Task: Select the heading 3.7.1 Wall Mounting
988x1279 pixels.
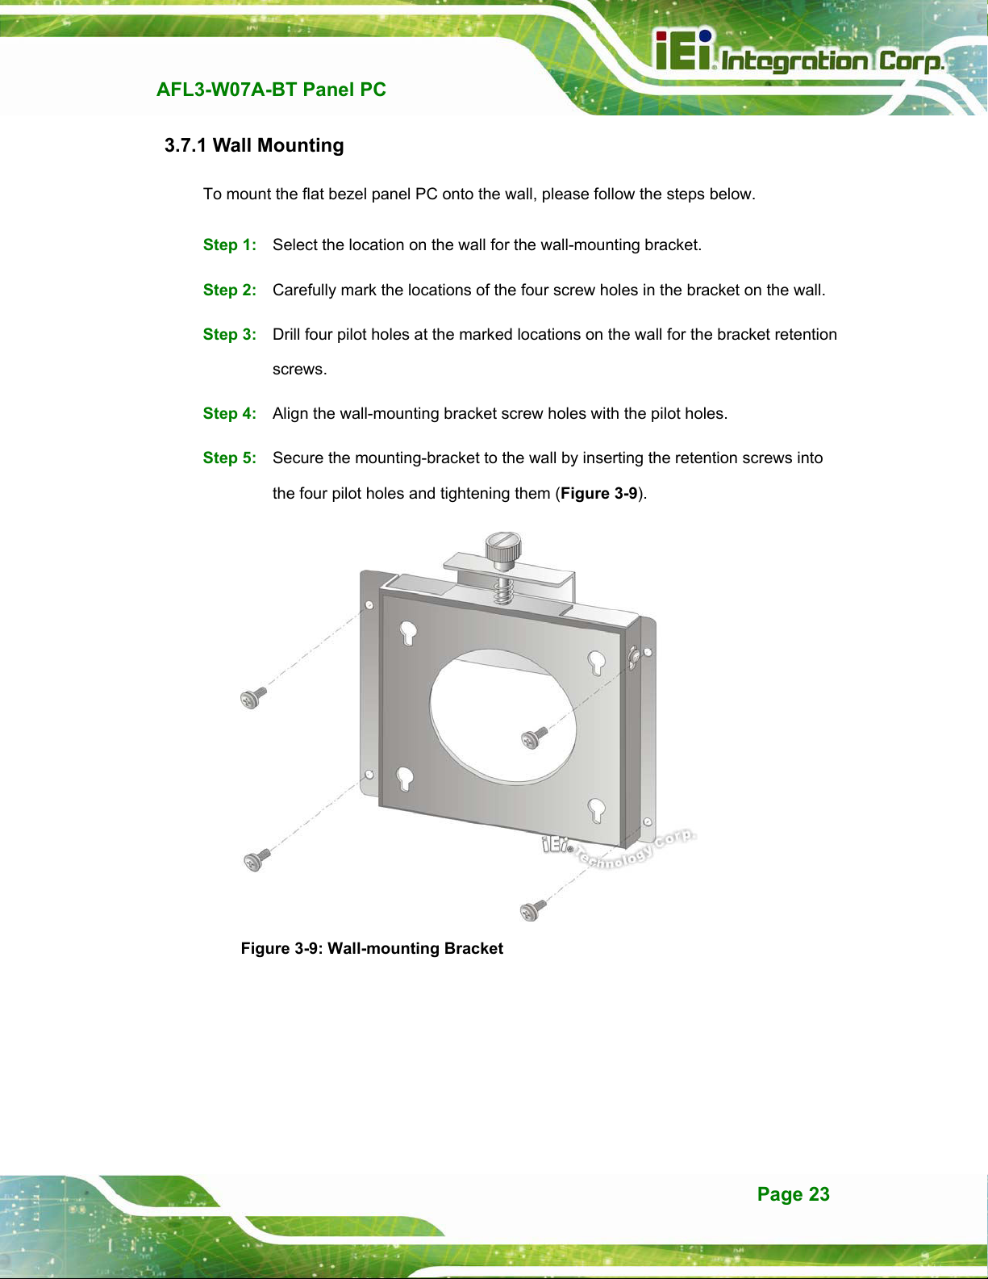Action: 254,145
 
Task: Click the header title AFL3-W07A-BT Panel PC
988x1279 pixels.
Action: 271,90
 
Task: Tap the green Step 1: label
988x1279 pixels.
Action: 229,245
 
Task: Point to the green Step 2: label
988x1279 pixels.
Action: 229,290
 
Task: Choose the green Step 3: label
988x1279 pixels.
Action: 229,334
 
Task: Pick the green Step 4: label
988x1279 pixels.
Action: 229,414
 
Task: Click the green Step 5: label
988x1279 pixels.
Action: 229,458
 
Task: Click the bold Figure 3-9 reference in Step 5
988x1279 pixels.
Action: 598,493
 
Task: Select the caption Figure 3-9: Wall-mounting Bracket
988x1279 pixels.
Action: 372,948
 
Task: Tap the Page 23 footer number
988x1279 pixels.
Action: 794,1193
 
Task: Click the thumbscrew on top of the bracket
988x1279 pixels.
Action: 502,550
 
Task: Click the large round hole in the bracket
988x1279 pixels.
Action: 502,717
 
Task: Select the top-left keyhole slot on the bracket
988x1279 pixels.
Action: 408,633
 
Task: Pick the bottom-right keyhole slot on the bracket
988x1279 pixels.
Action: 596,810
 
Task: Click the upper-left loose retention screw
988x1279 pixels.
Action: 253,698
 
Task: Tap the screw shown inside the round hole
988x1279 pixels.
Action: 534,738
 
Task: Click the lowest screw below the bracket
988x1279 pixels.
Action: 533,910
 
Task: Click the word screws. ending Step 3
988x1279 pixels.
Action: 299,370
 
